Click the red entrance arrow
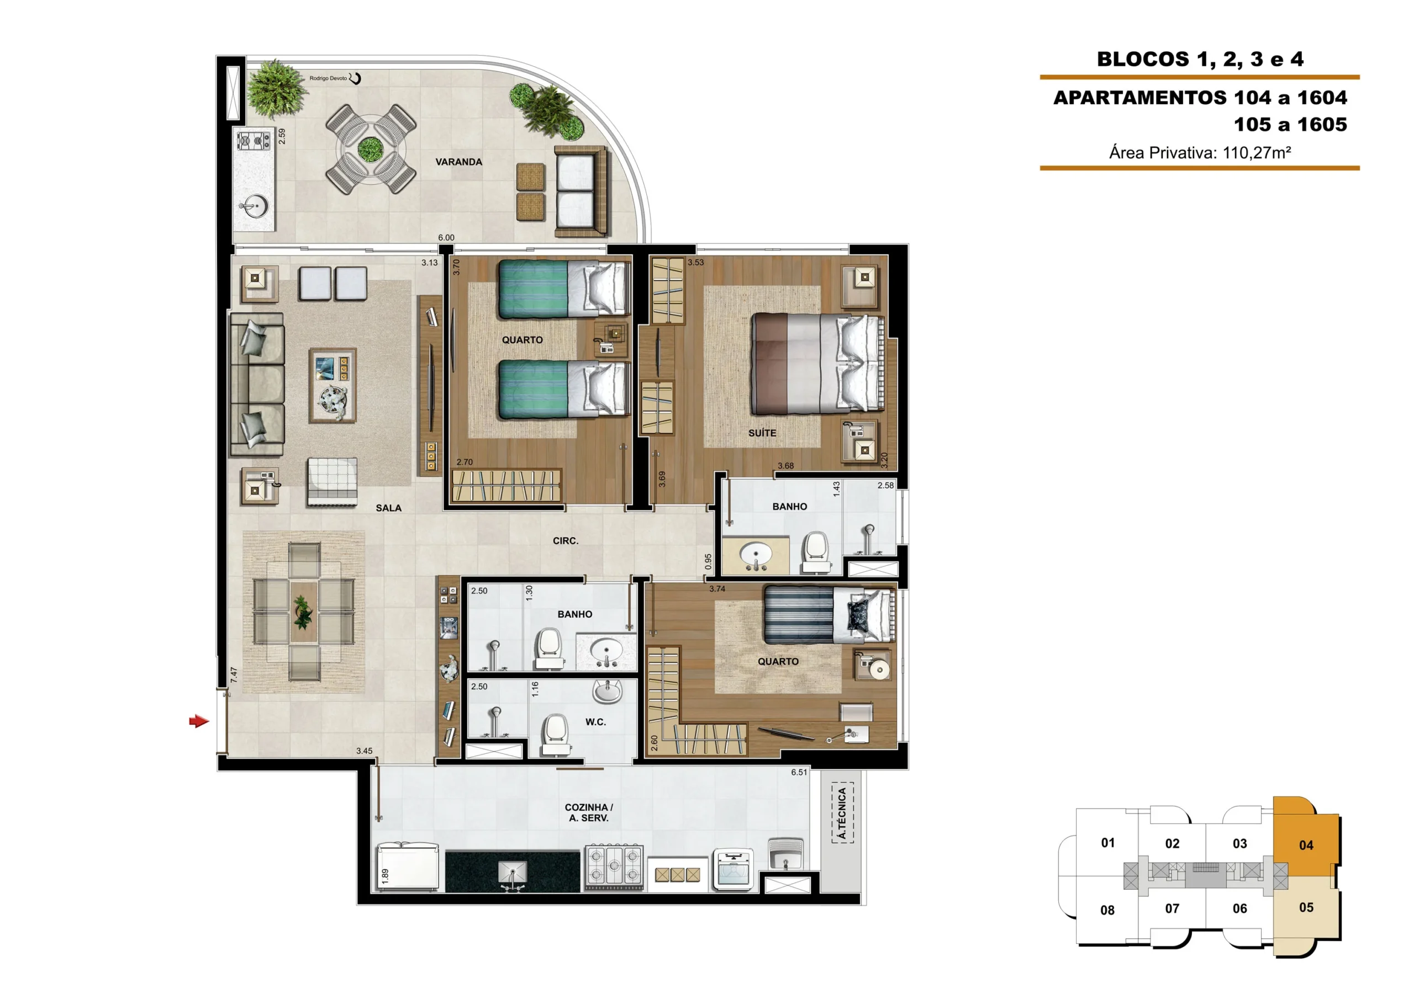tap(199, 721)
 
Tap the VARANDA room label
tap(459, 162)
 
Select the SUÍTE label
tap(762, 433)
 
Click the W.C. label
tap(595, 722)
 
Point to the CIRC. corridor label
tap(566, 540)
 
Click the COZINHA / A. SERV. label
tap(589, 812)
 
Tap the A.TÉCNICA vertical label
tap(842, 813)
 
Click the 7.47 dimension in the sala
tap(234, 674)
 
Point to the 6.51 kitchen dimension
tap(799, 772)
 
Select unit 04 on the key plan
tap(1306, 844)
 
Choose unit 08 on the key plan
tap(1107, 910)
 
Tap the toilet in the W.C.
tap(556, 735)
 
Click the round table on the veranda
tap(371, 149)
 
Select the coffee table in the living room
tap(333, 385)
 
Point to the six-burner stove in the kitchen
tap(614, 867)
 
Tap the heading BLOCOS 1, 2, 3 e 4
tap(1200, 59)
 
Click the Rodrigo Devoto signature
tap(334, 78)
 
